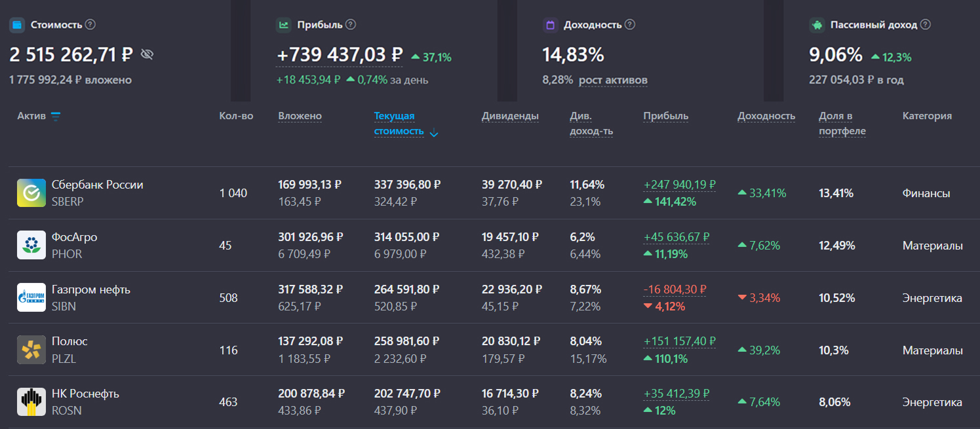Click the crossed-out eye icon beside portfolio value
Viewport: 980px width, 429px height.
click(x=147, y=54)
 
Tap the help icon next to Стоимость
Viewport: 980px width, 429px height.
click(x=90, y=24)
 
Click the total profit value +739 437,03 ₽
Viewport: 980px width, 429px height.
click(x=340, y=55)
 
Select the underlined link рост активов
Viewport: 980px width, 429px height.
click(x=613, y=80)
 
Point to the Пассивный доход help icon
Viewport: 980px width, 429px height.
click(x=925, y=24)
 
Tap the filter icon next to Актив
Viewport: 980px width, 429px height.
click(x=56, y=117)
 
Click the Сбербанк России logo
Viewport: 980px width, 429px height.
click(x=31, y=193)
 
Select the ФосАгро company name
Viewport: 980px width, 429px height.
click(x=74, y=237)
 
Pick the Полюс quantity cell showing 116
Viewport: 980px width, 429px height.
click(x=228, y=350)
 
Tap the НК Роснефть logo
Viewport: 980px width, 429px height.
click(x=31, y=402)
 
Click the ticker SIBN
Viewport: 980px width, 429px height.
click(x=64, y=307)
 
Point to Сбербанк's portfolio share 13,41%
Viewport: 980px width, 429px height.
click(x=836, y=193)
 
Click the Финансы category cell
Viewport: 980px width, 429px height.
click(x=926, y=193)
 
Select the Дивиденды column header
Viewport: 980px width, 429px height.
click(x=510, y=116)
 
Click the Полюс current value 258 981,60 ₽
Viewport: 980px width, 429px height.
click(x=407, y=341)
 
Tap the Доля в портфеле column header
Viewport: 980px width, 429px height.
click(x=842, y=124)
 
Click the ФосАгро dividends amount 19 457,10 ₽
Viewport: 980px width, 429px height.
click(x=512, y=237)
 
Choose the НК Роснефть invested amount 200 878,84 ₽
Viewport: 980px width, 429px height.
click(x=311, y=394)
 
